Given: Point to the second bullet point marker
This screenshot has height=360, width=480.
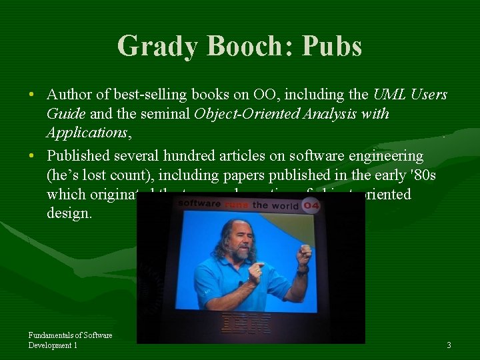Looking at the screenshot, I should click(x=32, y=156).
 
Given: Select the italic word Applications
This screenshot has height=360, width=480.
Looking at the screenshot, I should click(x=86, y=133).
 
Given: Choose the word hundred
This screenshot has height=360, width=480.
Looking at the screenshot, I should click(x=194, y=156).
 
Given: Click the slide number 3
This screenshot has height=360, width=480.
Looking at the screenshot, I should click(x=449, y=345).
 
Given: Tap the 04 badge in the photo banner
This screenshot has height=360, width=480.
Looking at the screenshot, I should click(x=311, y=205).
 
